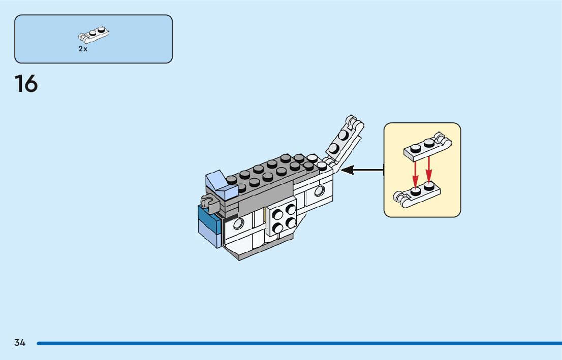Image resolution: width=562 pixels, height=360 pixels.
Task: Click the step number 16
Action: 26,84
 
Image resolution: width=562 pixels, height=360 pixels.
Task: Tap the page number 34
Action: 20,343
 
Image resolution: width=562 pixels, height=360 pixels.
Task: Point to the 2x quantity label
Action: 83,49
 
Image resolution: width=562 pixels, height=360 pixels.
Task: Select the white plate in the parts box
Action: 95,35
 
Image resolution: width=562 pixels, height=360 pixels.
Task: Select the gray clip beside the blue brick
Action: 208,202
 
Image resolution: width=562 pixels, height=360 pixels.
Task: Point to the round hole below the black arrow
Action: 319,191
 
